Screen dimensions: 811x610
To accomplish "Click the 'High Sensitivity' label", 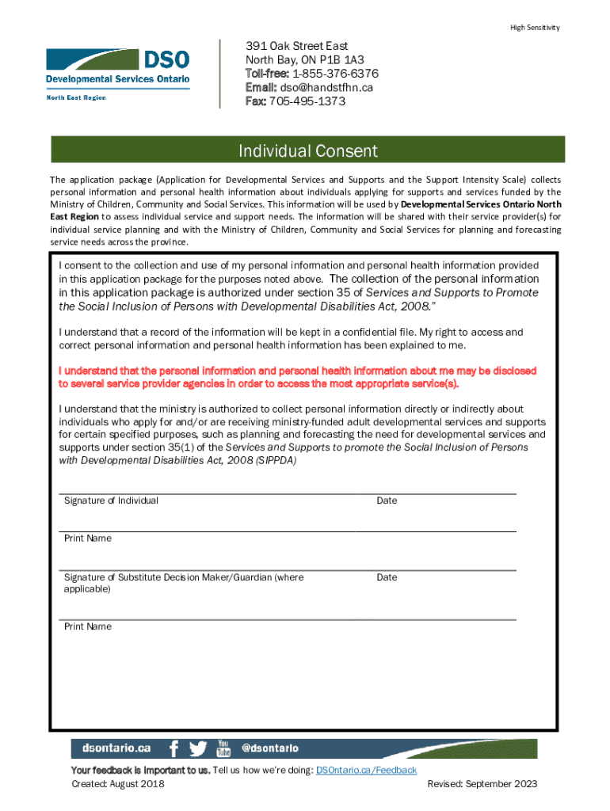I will pos(535,28).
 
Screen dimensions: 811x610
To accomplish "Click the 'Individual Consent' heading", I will pos(308,150).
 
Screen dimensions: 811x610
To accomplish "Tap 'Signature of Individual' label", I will pos(111,501).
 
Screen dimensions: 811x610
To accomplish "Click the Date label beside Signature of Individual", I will pos(387,501).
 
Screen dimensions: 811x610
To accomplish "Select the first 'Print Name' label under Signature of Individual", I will pos(88,539).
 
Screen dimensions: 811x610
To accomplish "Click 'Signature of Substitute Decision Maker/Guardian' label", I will pos(184,577).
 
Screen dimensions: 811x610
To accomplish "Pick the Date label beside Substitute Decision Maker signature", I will pos(387,577).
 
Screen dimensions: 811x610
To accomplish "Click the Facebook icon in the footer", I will pos(173,748).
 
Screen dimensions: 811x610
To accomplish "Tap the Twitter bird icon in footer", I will pos(197,748).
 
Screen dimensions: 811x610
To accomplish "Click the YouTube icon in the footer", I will pos(223,748).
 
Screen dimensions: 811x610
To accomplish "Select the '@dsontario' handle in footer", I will pos(269,748).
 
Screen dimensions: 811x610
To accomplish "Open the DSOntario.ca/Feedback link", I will pos(366,770).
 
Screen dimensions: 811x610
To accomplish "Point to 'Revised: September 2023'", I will pos(482,784).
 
